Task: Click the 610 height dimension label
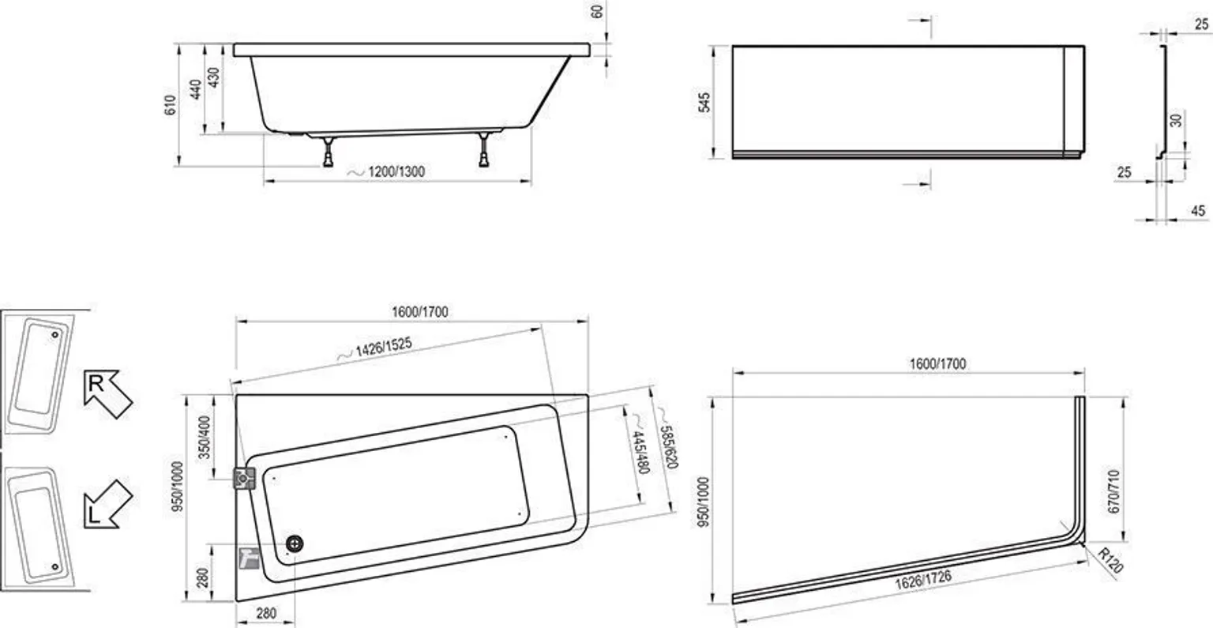point(170,105)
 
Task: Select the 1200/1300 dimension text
point(396,171)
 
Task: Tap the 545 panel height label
point(704,103)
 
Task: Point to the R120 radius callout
point(1110,560)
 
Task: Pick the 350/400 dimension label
point(205,438)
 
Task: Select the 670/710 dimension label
point(1113,491)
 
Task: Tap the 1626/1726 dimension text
point(923,579)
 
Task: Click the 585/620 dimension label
point(668,447)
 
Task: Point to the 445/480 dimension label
point(640,453)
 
